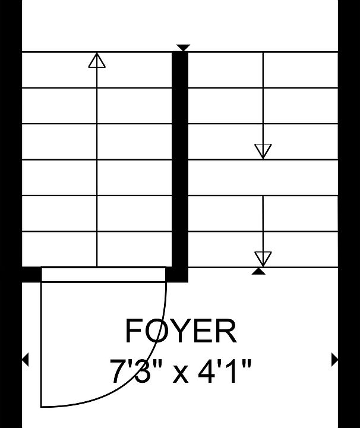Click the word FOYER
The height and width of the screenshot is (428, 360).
(x=181, y=331)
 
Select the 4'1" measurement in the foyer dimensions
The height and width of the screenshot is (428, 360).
(x=224, y=372)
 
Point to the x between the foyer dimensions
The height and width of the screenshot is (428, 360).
(x=180, y=374)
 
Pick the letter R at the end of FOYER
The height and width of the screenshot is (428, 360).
(x=226, y=331)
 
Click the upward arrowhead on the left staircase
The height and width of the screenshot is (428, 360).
(x=97, y=60)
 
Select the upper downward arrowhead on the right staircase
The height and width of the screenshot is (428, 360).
(x=263, y=151)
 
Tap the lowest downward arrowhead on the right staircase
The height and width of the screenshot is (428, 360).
(x=263, y=259)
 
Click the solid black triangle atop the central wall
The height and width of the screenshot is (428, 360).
(x=184, y=47)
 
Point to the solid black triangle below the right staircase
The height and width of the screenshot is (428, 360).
(x=258, y=272)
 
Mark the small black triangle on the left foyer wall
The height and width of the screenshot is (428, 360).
(x=26, y=360)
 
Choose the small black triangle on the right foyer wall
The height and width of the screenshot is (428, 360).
(x=334, y=360)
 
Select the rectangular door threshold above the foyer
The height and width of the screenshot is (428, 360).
(x=103, y=274)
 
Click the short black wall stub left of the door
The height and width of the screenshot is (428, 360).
(x=31, y=274)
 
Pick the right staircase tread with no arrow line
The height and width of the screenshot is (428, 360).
(x=263, y=177)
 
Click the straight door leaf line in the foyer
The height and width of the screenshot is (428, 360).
(x=41, y=344)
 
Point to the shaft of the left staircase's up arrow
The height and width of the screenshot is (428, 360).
(x=97, y=167)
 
